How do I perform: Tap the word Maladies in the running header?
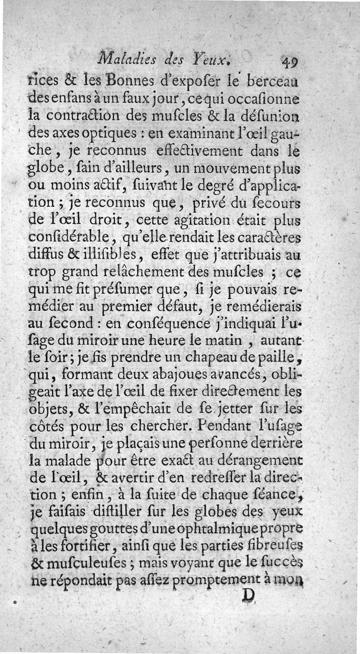pos(128,57)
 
